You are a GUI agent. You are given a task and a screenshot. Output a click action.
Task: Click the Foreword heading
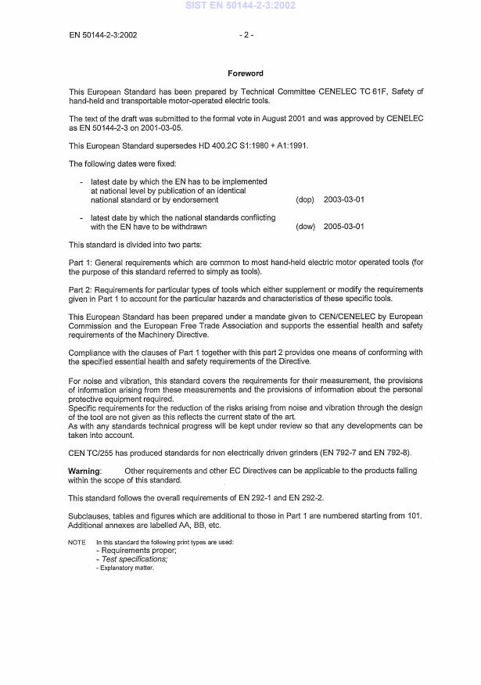246,74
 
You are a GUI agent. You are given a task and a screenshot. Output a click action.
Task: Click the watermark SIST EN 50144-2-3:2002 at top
240,5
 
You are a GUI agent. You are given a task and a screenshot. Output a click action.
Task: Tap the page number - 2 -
246,35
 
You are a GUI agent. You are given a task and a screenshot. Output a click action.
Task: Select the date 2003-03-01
343,199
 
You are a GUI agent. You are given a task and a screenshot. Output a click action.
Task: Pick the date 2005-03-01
343,227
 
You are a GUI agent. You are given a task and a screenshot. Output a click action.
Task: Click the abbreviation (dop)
305,199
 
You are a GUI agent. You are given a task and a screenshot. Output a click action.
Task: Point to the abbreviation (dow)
305,227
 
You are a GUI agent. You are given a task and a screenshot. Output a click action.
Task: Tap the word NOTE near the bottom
77,542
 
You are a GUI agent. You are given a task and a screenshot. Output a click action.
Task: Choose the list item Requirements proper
132,551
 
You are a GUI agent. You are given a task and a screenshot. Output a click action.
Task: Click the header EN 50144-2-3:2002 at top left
102,35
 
